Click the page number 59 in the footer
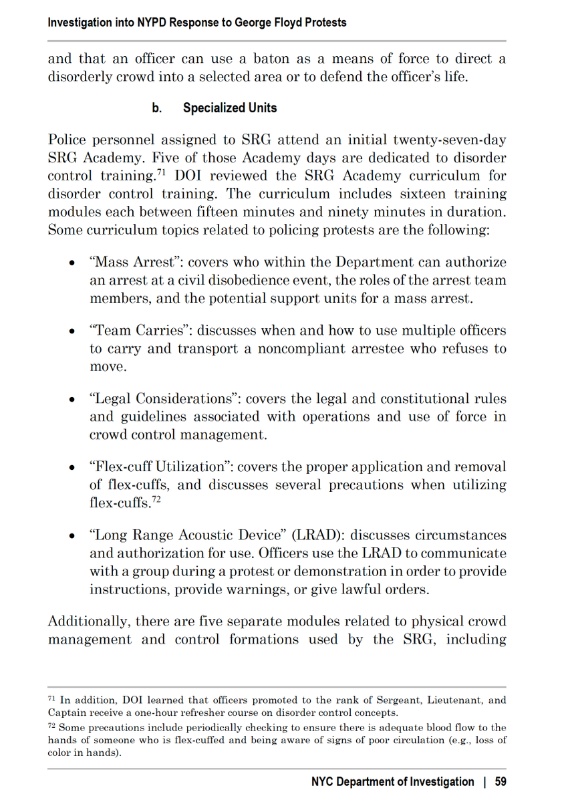coord(499,781)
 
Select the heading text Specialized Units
coord(230,108)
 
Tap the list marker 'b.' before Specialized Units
coord(157,108)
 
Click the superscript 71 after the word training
coord(161,173)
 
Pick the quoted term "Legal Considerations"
coord(164,399)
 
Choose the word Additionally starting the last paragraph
coord(88,622)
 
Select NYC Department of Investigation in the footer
coord(392,781)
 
